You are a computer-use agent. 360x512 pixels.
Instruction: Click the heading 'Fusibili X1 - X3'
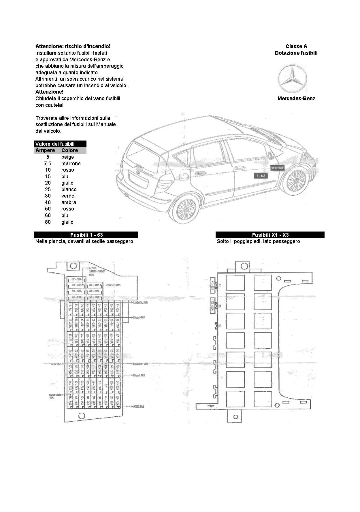270,235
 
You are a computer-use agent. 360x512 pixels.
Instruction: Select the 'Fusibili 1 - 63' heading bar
86,235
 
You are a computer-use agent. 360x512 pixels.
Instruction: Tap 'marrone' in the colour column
71,164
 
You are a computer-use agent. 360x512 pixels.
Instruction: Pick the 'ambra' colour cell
69,202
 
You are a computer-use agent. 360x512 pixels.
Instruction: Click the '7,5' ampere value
48,164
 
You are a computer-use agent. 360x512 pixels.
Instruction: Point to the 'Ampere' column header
45,150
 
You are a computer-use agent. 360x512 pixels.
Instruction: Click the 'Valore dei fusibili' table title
55,144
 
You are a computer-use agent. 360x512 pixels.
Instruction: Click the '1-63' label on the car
261,176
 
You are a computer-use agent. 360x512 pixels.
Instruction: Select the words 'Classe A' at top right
296,46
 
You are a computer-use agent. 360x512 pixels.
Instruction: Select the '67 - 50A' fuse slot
76,279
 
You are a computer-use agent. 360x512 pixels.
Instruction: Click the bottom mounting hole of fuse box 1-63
82,415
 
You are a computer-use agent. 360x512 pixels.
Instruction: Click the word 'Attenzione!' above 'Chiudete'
49,92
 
